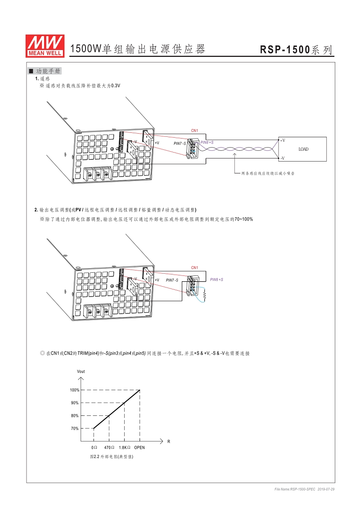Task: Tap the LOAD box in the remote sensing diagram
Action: [303, 149]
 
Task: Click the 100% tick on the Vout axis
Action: [75, 390]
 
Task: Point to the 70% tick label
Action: [75, 428]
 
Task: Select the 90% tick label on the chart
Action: [75, 403]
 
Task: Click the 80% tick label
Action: [75, 416]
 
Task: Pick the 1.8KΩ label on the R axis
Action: [125, 448]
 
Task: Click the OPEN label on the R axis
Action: [139, 448]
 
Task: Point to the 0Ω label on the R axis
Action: [94, 448]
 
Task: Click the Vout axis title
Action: [81, 371]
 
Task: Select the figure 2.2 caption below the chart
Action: [112, 456]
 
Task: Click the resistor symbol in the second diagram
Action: [205, 295]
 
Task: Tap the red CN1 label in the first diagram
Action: [194, 131]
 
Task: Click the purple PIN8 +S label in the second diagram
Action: [216, 279]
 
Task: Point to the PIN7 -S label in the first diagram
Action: [180, 143]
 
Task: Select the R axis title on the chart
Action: [169, 441]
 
